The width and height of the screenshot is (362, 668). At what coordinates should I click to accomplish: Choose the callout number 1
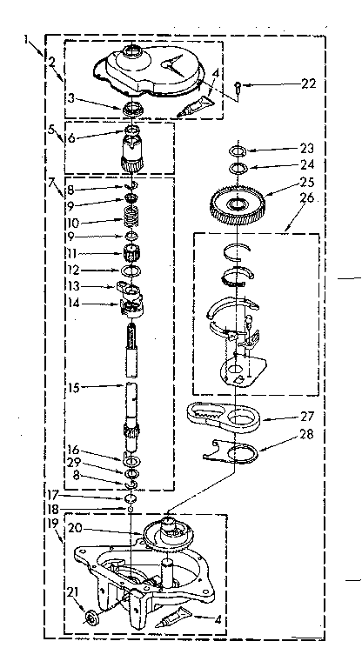tap(29, 38)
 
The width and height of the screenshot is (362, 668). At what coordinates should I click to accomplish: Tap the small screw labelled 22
tap(238, 84)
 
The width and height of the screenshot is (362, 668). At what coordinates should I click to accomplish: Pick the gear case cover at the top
tap(155, 72)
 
